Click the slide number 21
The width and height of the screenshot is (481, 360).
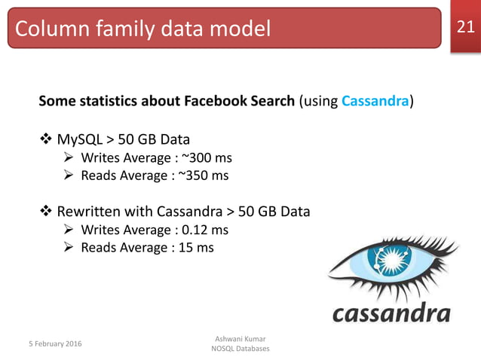tap(465, 28)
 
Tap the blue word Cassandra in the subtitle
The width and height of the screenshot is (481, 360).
tap(375, 101)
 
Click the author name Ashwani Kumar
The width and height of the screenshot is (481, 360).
tap(240, 339)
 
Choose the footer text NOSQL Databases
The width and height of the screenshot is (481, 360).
tap(240, 349)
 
